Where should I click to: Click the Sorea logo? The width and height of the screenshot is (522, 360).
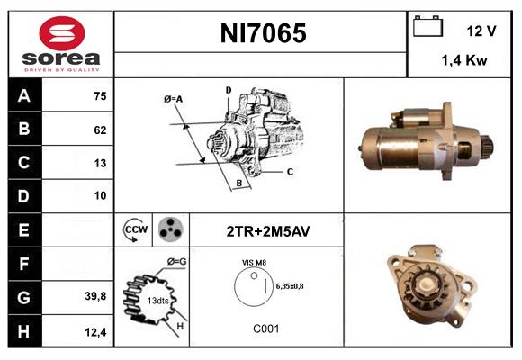click(x=59, y=43)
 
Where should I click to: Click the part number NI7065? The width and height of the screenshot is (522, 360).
click(x=262, y=33)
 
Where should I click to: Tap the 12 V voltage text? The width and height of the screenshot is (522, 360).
click(x=481, y=31)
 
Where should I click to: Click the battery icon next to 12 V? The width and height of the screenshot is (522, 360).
click(x=426, y=28)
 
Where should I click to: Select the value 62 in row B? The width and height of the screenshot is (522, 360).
click(x=99, y=130)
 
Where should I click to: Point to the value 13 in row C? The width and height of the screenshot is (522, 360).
click(x=99, y=163)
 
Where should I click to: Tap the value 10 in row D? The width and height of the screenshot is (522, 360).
click(x=99, y=195)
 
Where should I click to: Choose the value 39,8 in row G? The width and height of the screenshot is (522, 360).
click(x=96, y=294)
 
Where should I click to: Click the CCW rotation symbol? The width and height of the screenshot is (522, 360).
click(x=135, y=230)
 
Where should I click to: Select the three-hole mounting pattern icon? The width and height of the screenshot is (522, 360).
click(x=169, y=230)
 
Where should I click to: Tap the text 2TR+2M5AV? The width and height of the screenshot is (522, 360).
click(x=267, y=231)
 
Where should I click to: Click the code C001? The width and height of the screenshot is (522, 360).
click(x=266, y=328)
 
